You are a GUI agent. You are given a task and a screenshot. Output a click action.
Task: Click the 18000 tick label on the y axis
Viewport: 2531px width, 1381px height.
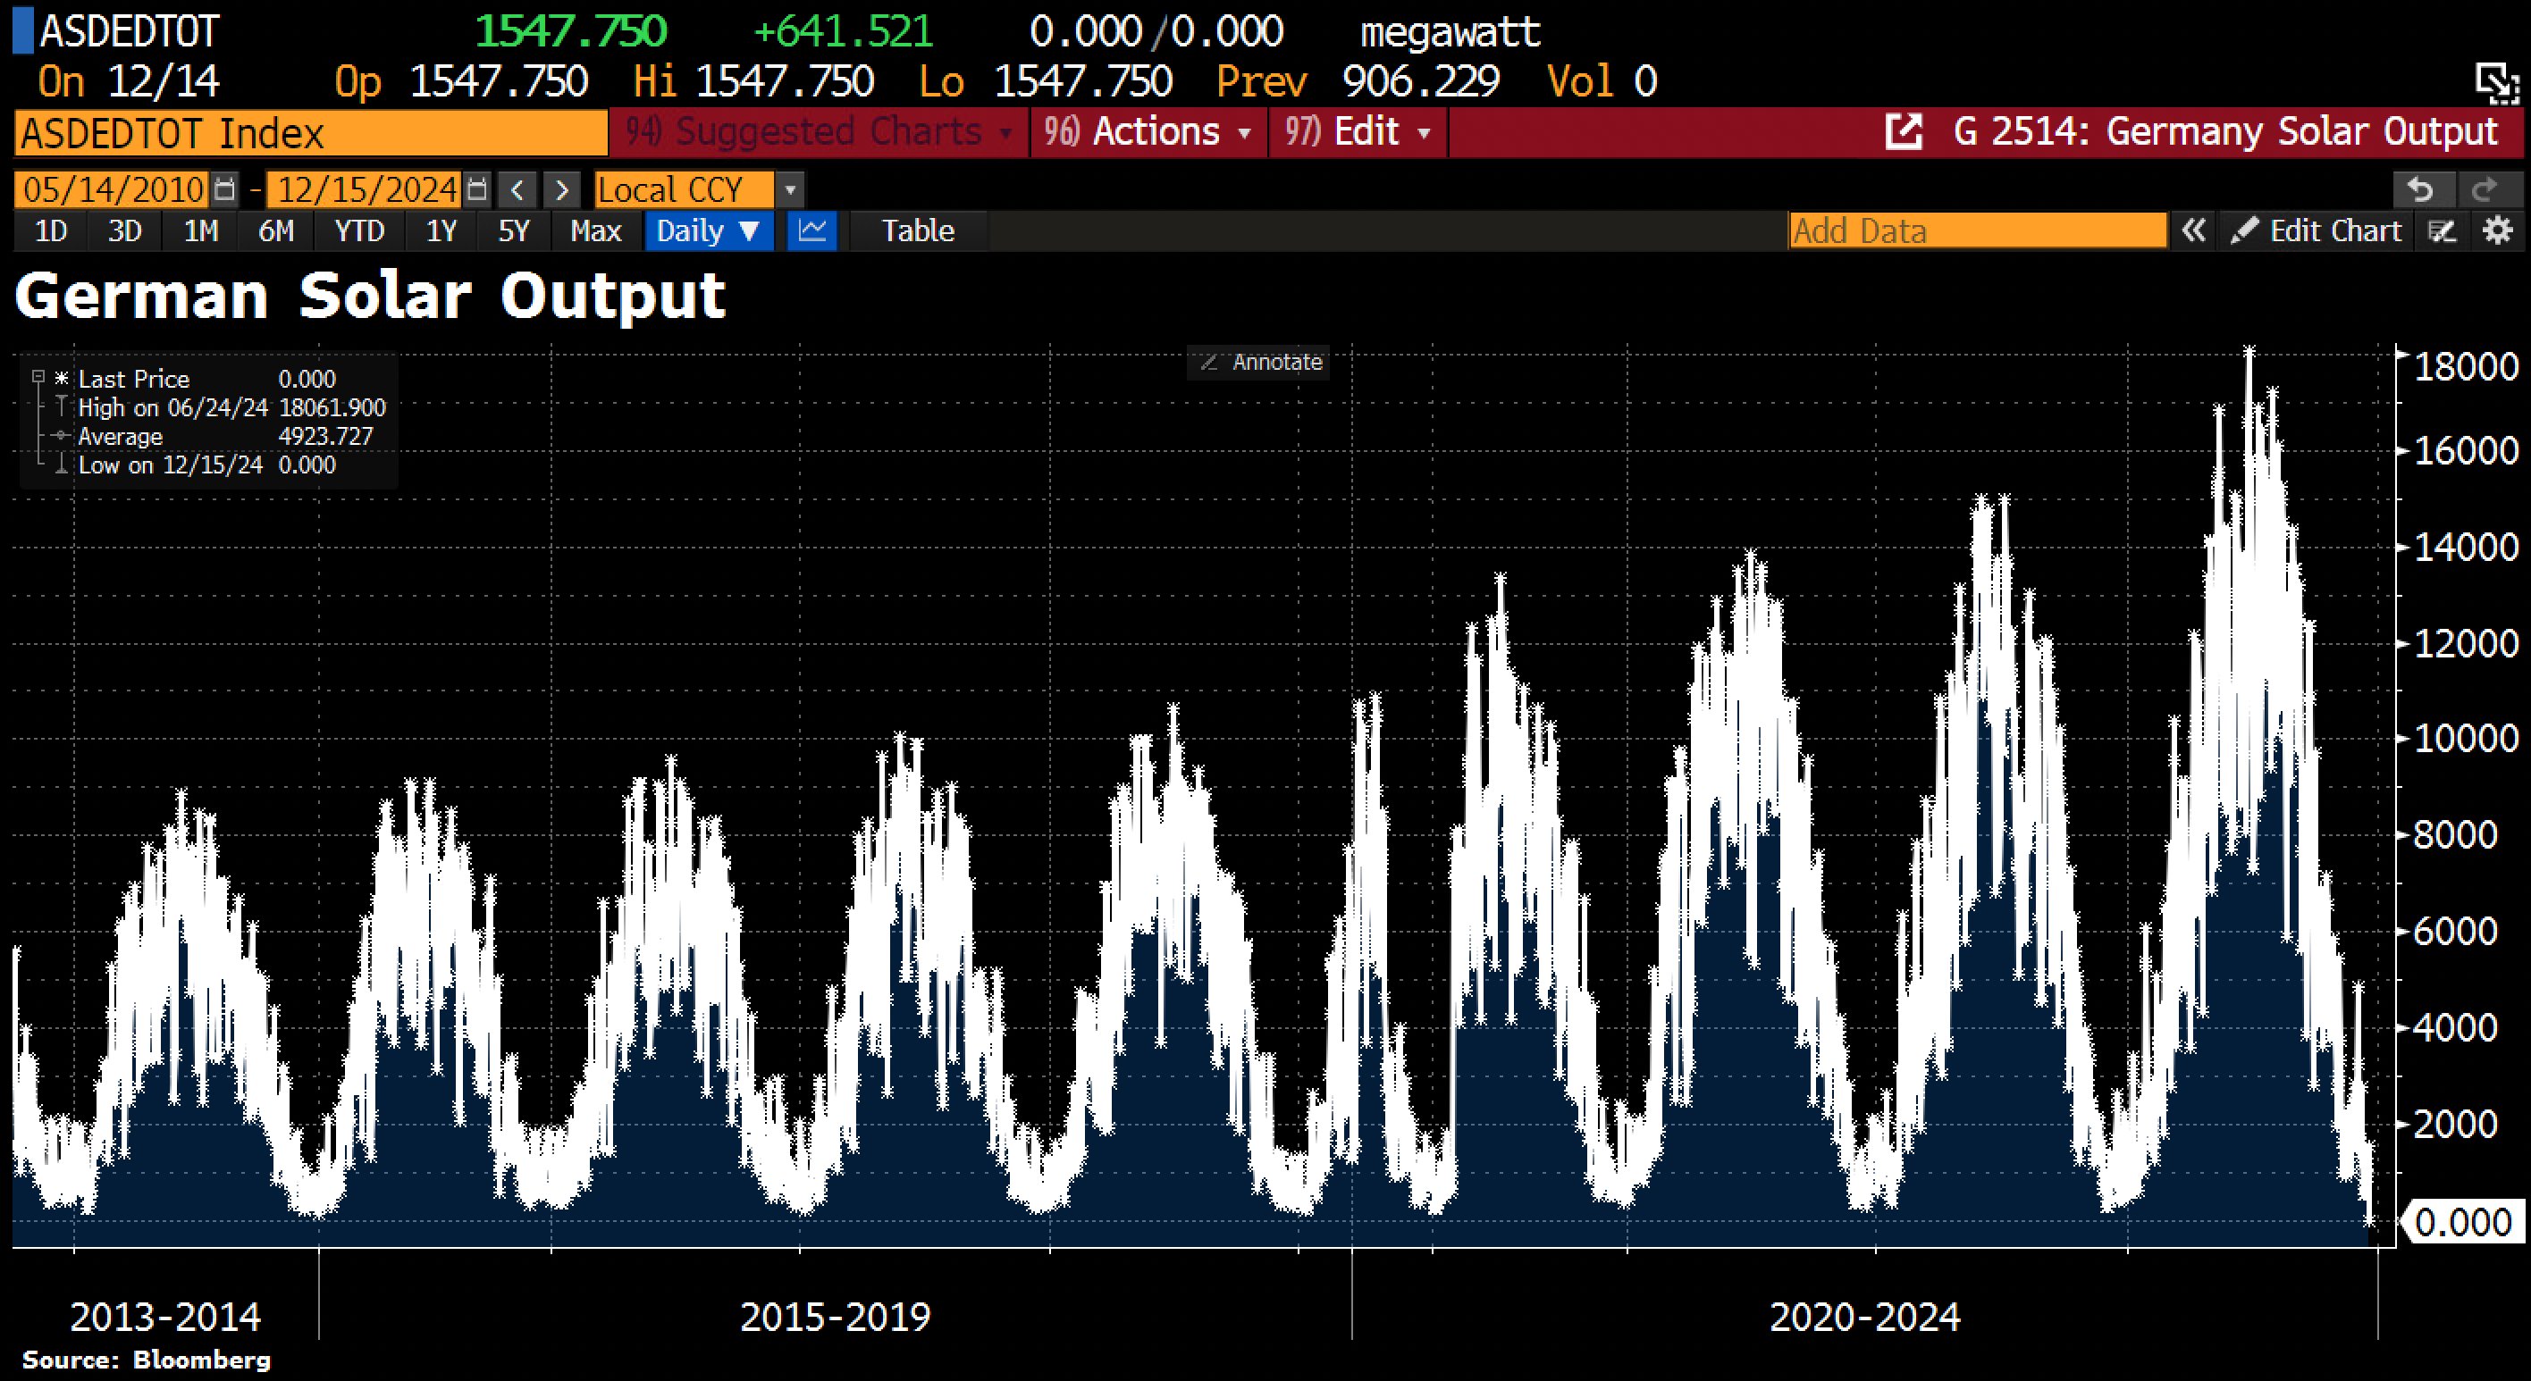[2465, 366]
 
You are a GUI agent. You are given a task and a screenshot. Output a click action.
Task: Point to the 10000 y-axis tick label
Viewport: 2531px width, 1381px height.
[2465, 739]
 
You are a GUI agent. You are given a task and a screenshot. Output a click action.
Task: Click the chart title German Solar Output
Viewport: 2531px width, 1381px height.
[370, 296]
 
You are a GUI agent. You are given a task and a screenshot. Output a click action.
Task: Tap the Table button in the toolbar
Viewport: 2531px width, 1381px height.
[917, 230]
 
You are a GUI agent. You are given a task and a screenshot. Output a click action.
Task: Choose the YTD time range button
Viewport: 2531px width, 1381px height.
[358, 230]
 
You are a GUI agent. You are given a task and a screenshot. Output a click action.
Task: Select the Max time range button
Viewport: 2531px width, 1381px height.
[595, 230]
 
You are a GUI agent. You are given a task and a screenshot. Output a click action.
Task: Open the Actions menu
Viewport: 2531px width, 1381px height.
[1148, 132]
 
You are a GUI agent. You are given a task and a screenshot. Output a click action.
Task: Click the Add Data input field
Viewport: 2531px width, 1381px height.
[1976, 230]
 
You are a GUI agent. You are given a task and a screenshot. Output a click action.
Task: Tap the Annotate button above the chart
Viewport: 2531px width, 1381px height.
[1262, 363]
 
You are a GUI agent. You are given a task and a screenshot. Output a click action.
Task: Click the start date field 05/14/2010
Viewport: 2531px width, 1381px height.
[113, 189]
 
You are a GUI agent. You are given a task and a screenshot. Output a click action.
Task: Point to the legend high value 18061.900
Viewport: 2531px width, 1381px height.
[332, 407]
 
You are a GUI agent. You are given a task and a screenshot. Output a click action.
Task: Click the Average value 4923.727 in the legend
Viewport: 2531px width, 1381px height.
[325, 436]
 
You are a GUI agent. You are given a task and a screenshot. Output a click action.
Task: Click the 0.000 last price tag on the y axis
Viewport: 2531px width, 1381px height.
[2461, 1222]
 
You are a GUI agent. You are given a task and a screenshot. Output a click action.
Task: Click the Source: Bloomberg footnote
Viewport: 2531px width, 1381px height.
[146, 1360]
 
